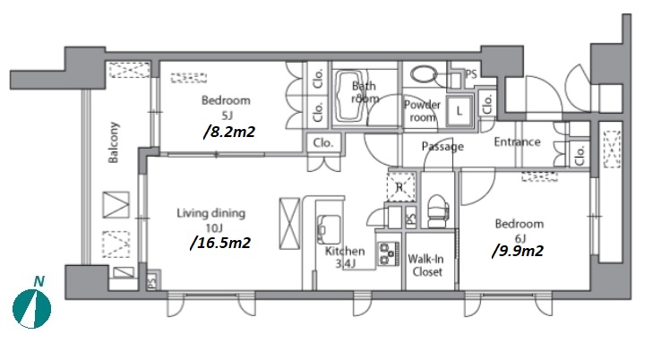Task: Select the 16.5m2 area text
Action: click(219, 242)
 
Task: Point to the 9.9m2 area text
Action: click(517, 251)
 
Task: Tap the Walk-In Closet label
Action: click(426, 265)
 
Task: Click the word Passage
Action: click(442, 147)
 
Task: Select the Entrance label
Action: click(517, 141)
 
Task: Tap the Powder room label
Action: click(422, 110)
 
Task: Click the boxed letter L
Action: click(460, 111)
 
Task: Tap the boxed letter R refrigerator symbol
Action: click(400, 187)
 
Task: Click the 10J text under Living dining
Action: click(210, 227)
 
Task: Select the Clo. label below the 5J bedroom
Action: click(322, 142)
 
